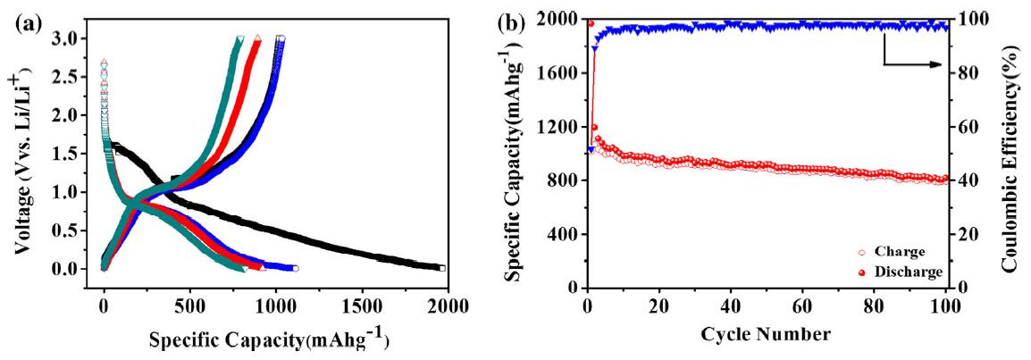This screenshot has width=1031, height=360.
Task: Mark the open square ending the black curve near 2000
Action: point(441,268)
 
